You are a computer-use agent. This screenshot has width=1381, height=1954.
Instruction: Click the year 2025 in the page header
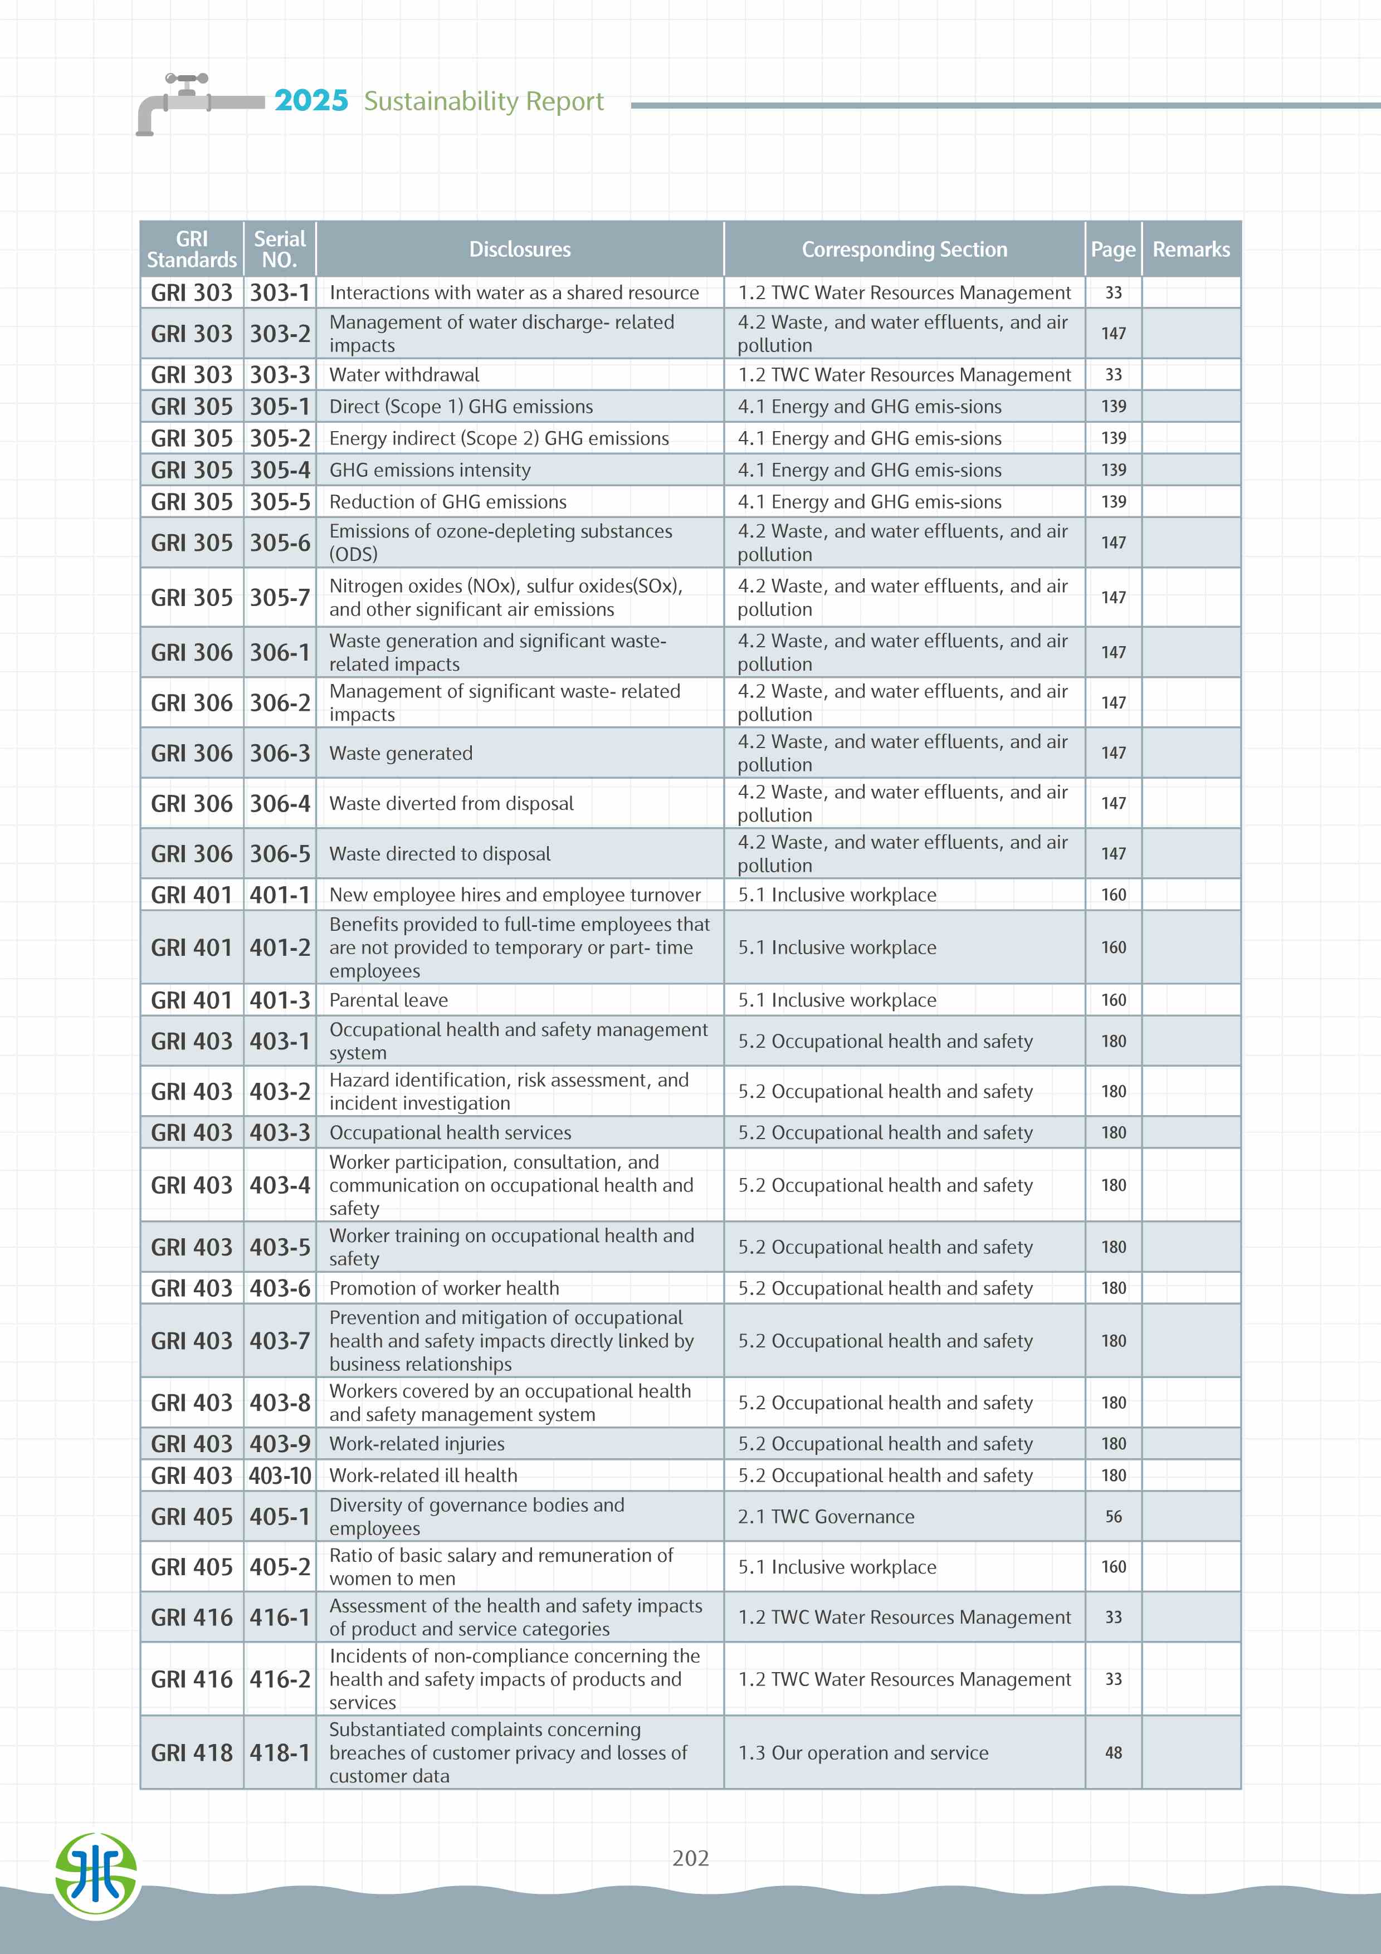(x=311, y=101)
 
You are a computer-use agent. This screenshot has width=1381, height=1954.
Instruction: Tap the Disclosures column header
(x=519, y=250)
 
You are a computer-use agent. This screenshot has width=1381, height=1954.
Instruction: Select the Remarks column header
(x=1190, y=250)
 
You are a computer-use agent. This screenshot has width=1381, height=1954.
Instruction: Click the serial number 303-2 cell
(x=280, y=334)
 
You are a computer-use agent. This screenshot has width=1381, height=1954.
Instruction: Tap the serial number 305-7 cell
(x=280, y=598)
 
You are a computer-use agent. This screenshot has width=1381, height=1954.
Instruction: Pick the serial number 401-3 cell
(x=280, y=1000)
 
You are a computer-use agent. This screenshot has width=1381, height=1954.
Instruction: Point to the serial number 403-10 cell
(x=280, y=1475)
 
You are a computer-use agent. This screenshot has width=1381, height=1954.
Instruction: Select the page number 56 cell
(x=1113, y=1517)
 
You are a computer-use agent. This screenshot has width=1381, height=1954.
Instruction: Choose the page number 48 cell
(x=1113, y=1752)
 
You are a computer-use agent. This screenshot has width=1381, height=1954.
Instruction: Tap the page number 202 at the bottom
(x=690, y=1858)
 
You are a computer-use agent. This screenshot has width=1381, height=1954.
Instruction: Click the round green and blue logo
(x=96, y=1875)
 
